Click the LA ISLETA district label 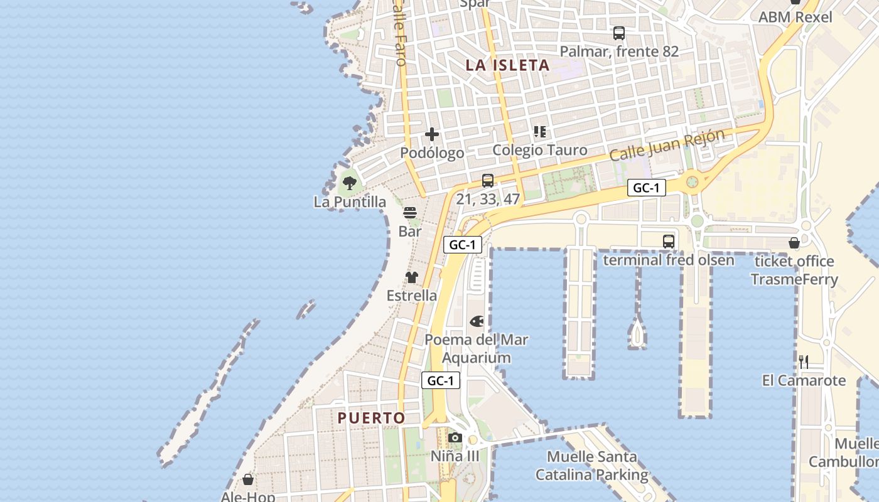click(x=507, y=65)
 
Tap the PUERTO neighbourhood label click(x=371, y=418)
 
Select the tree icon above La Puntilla click(x=350, y=183)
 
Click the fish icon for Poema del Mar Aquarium click(x=477, y=322)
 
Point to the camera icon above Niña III click(x=455, y=438)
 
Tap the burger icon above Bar click(x=410, y=213)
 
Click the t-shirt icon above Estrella click(x=412, y=277)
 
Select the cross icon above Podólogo click(x=432, y=134)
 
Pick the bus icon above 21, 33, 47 click(x=488, y=181)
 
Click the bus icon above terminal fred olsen click(x=669, y=241)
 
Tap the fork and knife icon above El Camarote click(x=803, y=361)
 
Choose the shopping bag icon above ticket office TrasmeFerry click(x=794, y=243)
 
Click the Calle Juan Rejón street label click(x=667, y=145)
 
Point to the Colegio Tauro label click(x=540, y=150)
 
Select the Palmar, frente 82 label click(x=619, y=51)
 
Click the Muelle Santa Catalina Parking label click(x=591, y=466)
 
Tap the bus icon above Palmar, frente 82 click(x=619, y=33)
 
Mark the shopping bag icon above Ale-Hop click(x=248, y=480)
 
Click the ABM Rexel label click(x=795, y=17)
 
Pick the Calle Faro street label click(x=399, y=35)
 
